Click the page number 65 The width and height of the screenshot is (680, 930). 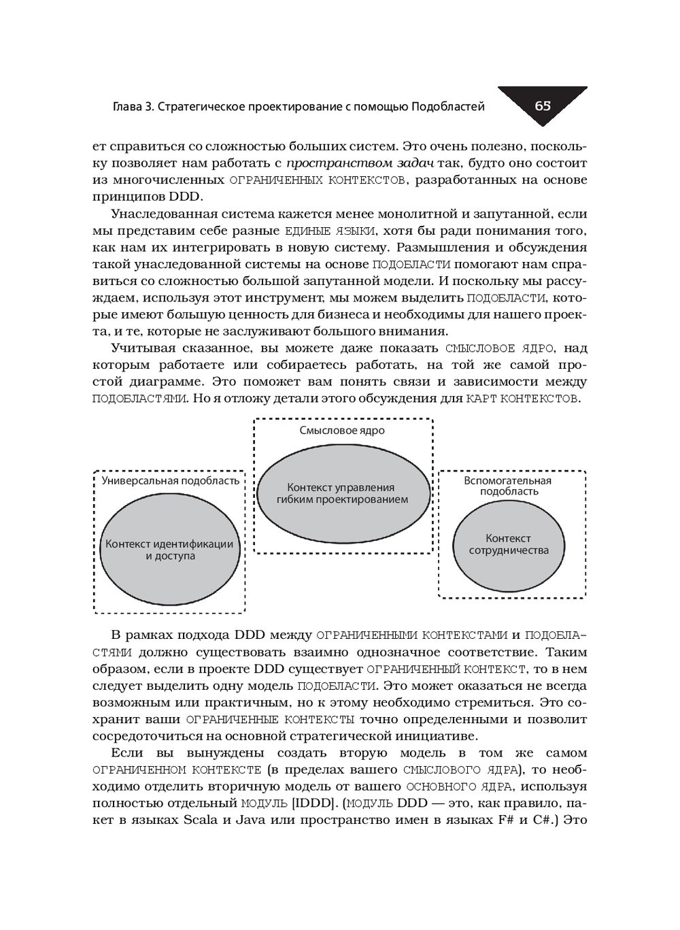tap(543, 105)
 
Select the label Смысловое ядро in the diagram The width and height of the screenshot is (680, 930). tap(342, 431)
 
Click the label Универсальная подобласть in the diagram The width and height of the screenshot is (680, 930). tap(170, 480)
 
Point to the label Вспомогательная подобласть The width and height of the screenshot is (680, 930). tap(509, 486)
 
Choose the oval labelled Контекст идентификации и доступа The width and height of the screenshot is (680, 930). tap(170, 550)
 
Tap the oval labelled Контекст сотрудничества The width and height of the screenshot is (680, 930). tap(509, 544)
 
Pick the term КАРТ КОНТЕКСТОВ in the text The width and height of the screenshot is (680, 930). tap(522, 399)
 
